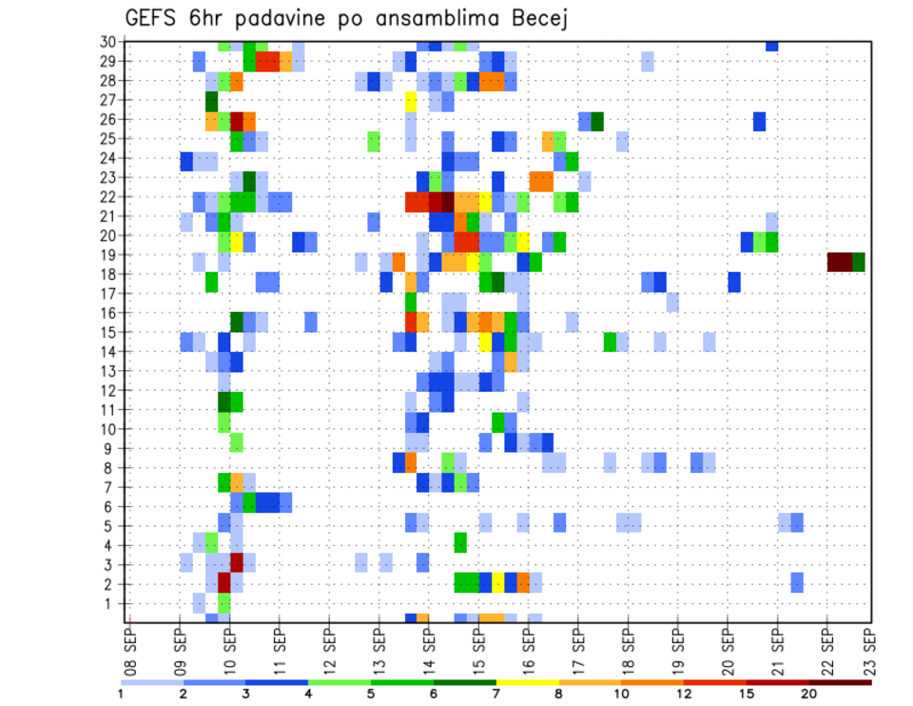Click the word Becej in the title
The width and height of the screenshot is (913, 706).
pos(534,18)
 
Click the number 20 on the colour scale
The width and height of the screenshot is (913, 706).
pos(808,695)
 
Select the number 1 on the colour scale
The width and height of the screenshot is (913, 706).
pos(121,695)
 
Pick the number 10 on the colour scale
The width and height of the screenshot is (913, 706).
pos(621,695)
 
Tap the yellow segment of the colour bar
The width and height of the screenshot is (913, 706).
pos(527,681)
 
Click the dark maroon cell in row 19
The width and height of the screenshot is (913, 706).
pos(839,262)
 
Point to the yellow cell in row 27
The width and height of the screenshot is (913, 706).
pos(411,100)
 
